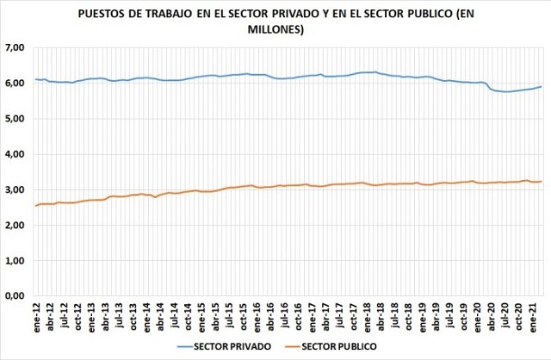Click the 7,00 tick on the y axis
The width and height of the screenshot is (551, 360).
click(15, 47)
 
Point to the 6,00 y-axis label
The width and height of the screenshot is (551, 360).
click(15, 83)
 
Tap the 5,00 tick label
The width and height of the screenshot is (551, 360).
click(15, 119)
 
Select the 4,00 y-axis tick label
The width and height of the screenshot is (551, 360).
click(15, 154)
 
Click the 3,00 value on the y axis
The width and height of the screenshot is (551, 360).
click(15, 189)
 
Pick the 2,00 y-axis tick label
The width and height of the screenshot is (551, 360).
click(15, 225)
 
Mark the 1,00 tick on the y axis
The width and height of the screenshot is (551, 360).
click(15, 260)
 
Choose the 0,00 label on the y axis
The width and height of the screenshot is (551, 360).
click(15, 296)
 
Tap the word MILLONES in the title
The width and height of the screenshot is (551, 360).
click(276, 29)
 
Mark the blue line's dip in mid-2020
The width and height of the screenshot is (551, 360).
click(506, 91)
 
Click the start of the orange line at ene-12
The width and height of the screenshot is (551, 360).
click(35, 205)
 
